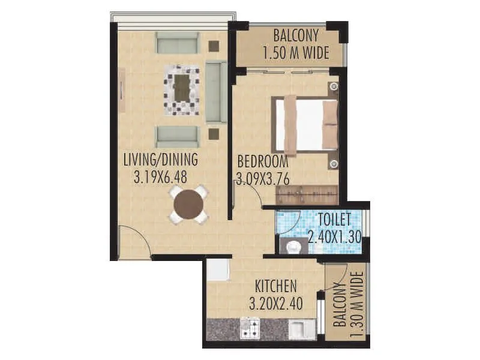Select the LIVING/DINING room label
coord(160,161)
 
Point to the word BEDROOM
coord(263,161)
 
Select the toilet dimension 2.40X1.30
coord(334,236)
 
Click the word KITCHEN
coord(275,286)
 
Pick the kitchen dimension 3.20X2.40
coord(275,303)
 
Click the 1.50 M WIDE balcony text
coord(296,53)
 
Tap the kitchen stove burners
coord(250,328)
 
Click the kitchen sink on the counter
coord(298,329)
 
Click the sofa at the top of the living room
coord(178,43)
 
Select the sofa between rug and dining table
coord(178,136)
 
